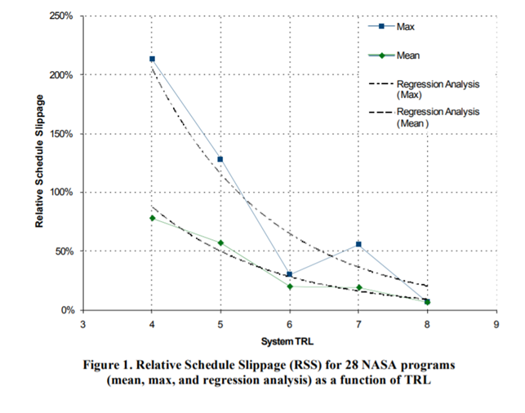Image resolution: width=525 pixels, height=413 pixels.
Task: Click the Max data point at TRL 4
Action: (152, 59)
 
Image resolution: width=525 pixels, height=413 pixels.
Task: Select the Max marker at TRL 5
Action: (220, 159)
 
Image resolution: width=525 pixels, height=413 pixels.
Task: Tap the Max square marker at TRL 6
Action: (290, 274)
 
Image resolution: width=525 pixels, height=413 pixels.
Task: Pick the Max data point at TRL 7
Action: (358, 244)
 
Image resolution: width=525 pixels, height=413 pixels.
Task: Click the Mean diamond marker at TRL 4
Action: (152, 218)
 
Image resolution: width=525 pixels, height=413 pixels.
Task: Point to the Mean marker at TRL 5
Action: (220, 243)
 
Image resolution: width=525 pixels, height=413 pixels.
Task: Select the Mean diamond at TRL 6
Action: (290, 286)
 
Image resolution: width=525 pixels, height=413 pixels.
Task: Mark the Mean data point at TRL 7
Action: (358, 287)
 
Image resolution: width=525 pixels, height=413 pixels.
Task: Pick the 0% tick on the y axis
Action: (67, 310)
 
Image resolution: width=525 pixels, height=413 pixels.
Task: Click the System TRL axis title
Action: (289, 340)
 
